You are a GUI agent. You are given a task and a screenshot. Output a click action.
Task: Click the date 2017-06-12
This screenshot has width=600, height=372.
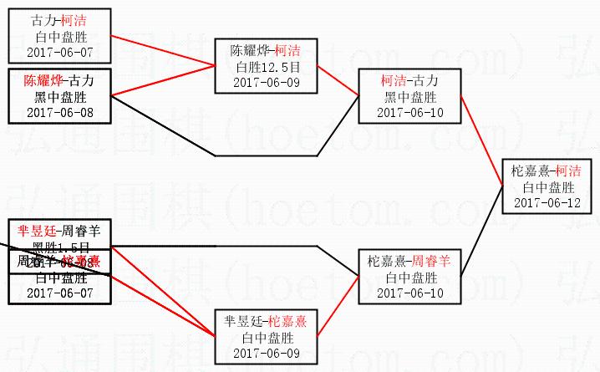tap(547, 202)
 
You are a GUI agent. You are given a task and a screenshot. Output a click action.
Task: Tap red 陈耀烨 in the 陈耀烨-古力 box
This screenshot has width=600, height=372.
tap(42, 81)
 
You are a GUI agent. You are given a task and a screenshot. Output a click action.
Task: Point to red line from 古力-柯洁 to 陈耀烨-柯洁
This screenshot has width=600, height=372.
tap(163, 51)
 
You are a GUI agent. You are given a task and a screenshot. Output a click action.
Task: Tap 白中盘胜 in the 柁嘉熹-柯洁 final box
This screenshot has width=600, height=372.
tap(547, 187)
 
